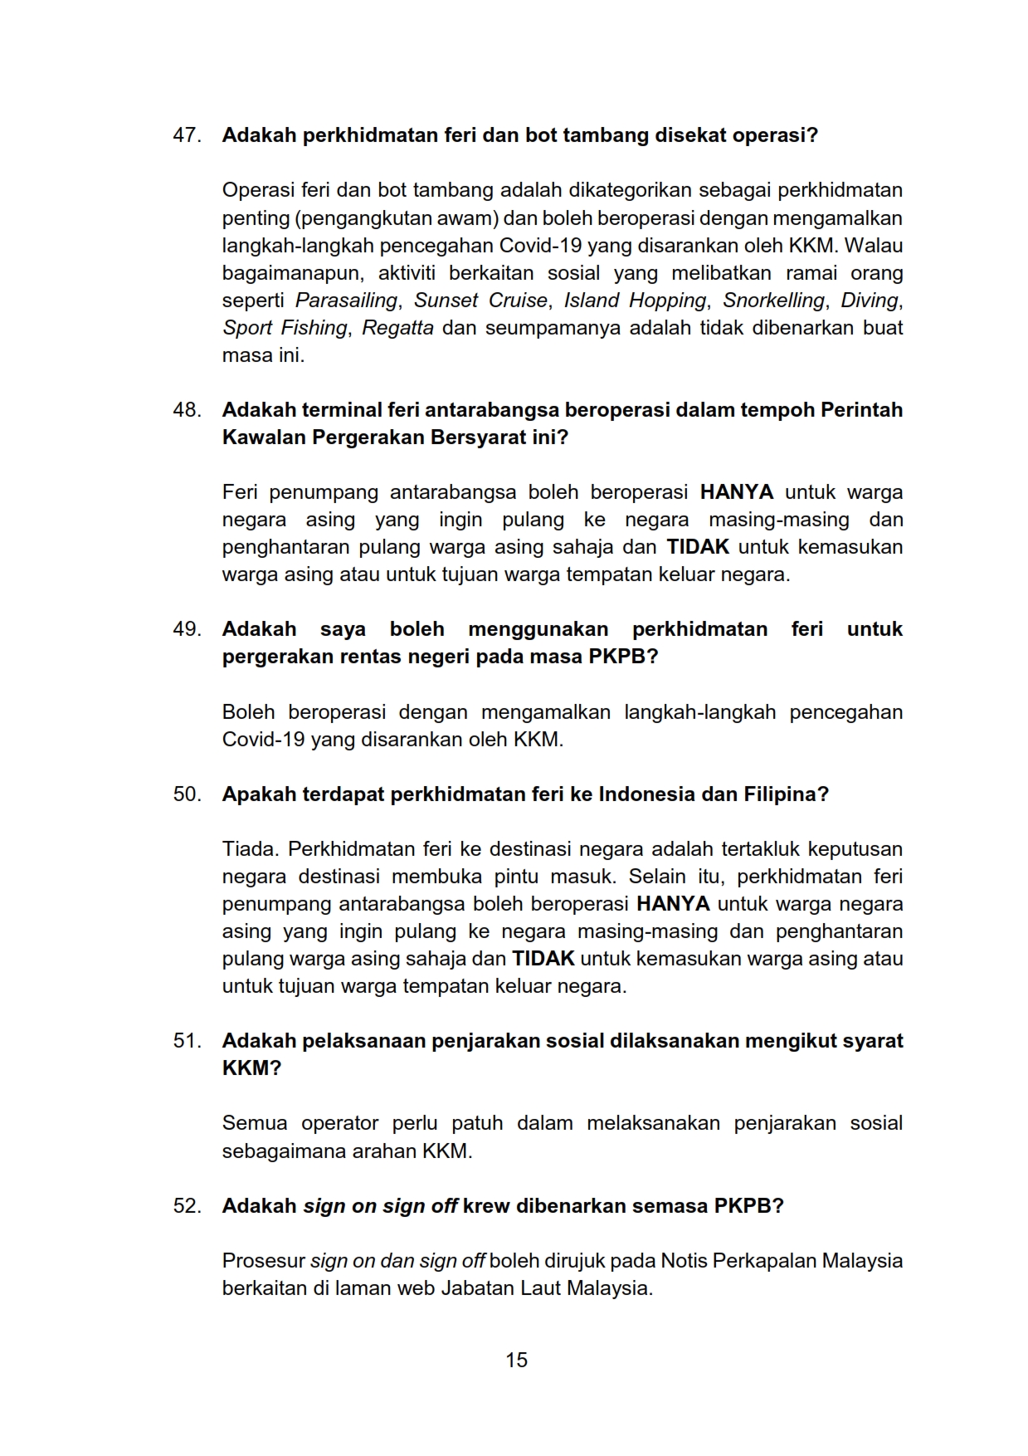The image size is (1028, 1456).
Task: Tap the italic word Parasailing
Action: coord(346,300)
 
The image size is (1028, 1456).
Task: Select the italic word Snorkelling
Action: coord(773,300)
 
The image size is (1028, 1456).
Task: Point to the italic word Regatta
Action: coord(397,328)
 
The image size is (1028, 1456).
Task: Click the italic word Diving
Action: coord(870,300)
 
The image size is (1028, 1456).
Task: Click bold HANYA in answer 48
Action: coord(736,492)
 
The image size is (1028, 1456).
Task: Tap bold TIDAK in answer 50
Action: coord(543,959)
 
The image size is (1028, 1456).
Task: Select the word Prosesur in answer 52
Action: coord(263,1261)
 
